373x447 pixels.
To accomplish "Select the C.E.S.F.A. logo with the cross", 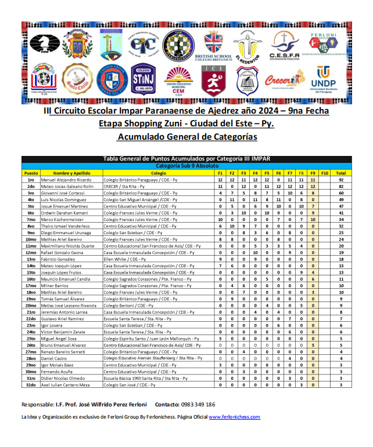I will pyautogui.click(x=284, y=45).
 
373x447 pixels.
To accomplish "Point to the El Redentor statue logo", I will pyautogui.click(x=248, y=45).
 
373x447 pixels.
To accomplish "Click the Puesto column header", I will pyautogui.click(x=31, y=173).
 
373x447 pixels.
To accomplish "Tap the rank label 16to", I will pyautogui.click(x=31, y=278).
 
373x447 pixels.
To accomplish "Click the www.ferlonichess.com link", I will pyautogui.click(x=234, y=417).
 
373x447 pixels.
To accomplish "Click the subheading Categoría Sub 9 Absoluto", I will pyautogui.click(x=186, y=166).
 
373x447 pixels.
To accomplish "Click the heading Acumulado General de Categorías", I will pyautogui.click(x=186, y=137).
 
